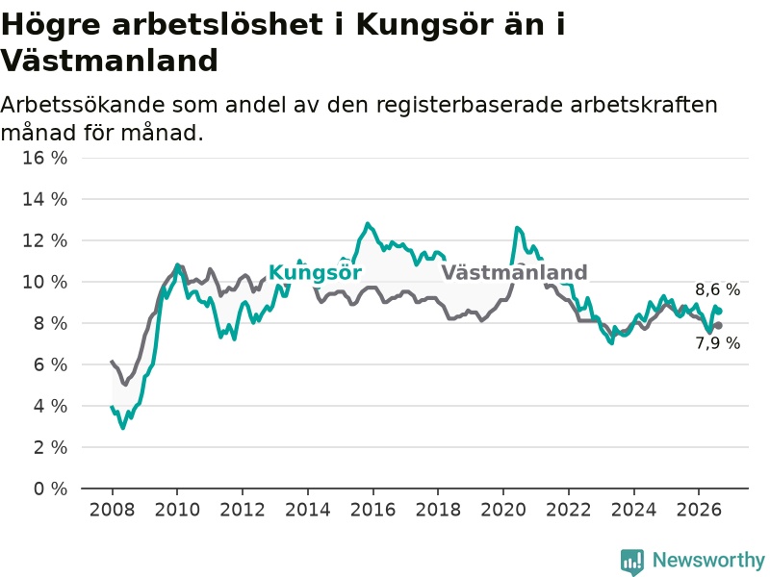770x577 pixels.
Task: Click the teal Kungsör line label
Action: [x=315, y=273]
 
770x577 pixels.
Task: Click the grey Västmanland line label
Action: [x=514, y=272]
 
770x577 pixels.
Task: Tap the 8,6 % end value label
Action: [x=717, y=289]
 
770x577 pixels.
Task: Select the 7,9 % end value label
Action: [x=717, y=343]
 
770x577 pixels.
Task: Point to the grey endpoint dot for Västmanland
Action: [x=718, y=325]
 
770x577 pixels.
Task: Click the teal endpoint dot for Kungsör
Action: [x=719, y=311]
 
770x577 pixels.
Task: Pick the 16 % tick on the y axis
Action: [x=44, y=158]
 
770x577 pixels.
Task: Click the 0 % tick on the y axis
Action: [x=51, y=489]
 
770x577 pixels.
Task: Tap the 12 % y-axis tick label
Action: [x=44, y=240]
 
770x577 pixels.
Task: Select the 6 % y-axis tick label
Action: [x=51, y=364]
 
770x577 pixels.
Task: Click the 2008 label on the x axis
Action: [x=112, y=510]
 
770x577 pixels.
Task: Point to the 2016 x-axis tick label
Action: [x=372, y=510]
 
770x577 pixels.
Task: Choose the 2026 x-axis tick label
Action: [x=699, y=510]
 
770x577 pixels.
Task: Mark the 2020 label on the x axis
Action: [x=503, y=510]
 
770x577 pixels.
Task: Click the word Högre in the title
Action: [x=51, y=25]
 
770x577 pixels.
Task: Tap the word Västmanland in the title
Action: [x=109, y=61]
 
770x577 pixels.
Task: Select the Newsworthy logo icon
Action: [x=632, y=562]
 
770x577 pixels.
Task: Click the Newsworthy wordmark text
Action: [x=708, y=560]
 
